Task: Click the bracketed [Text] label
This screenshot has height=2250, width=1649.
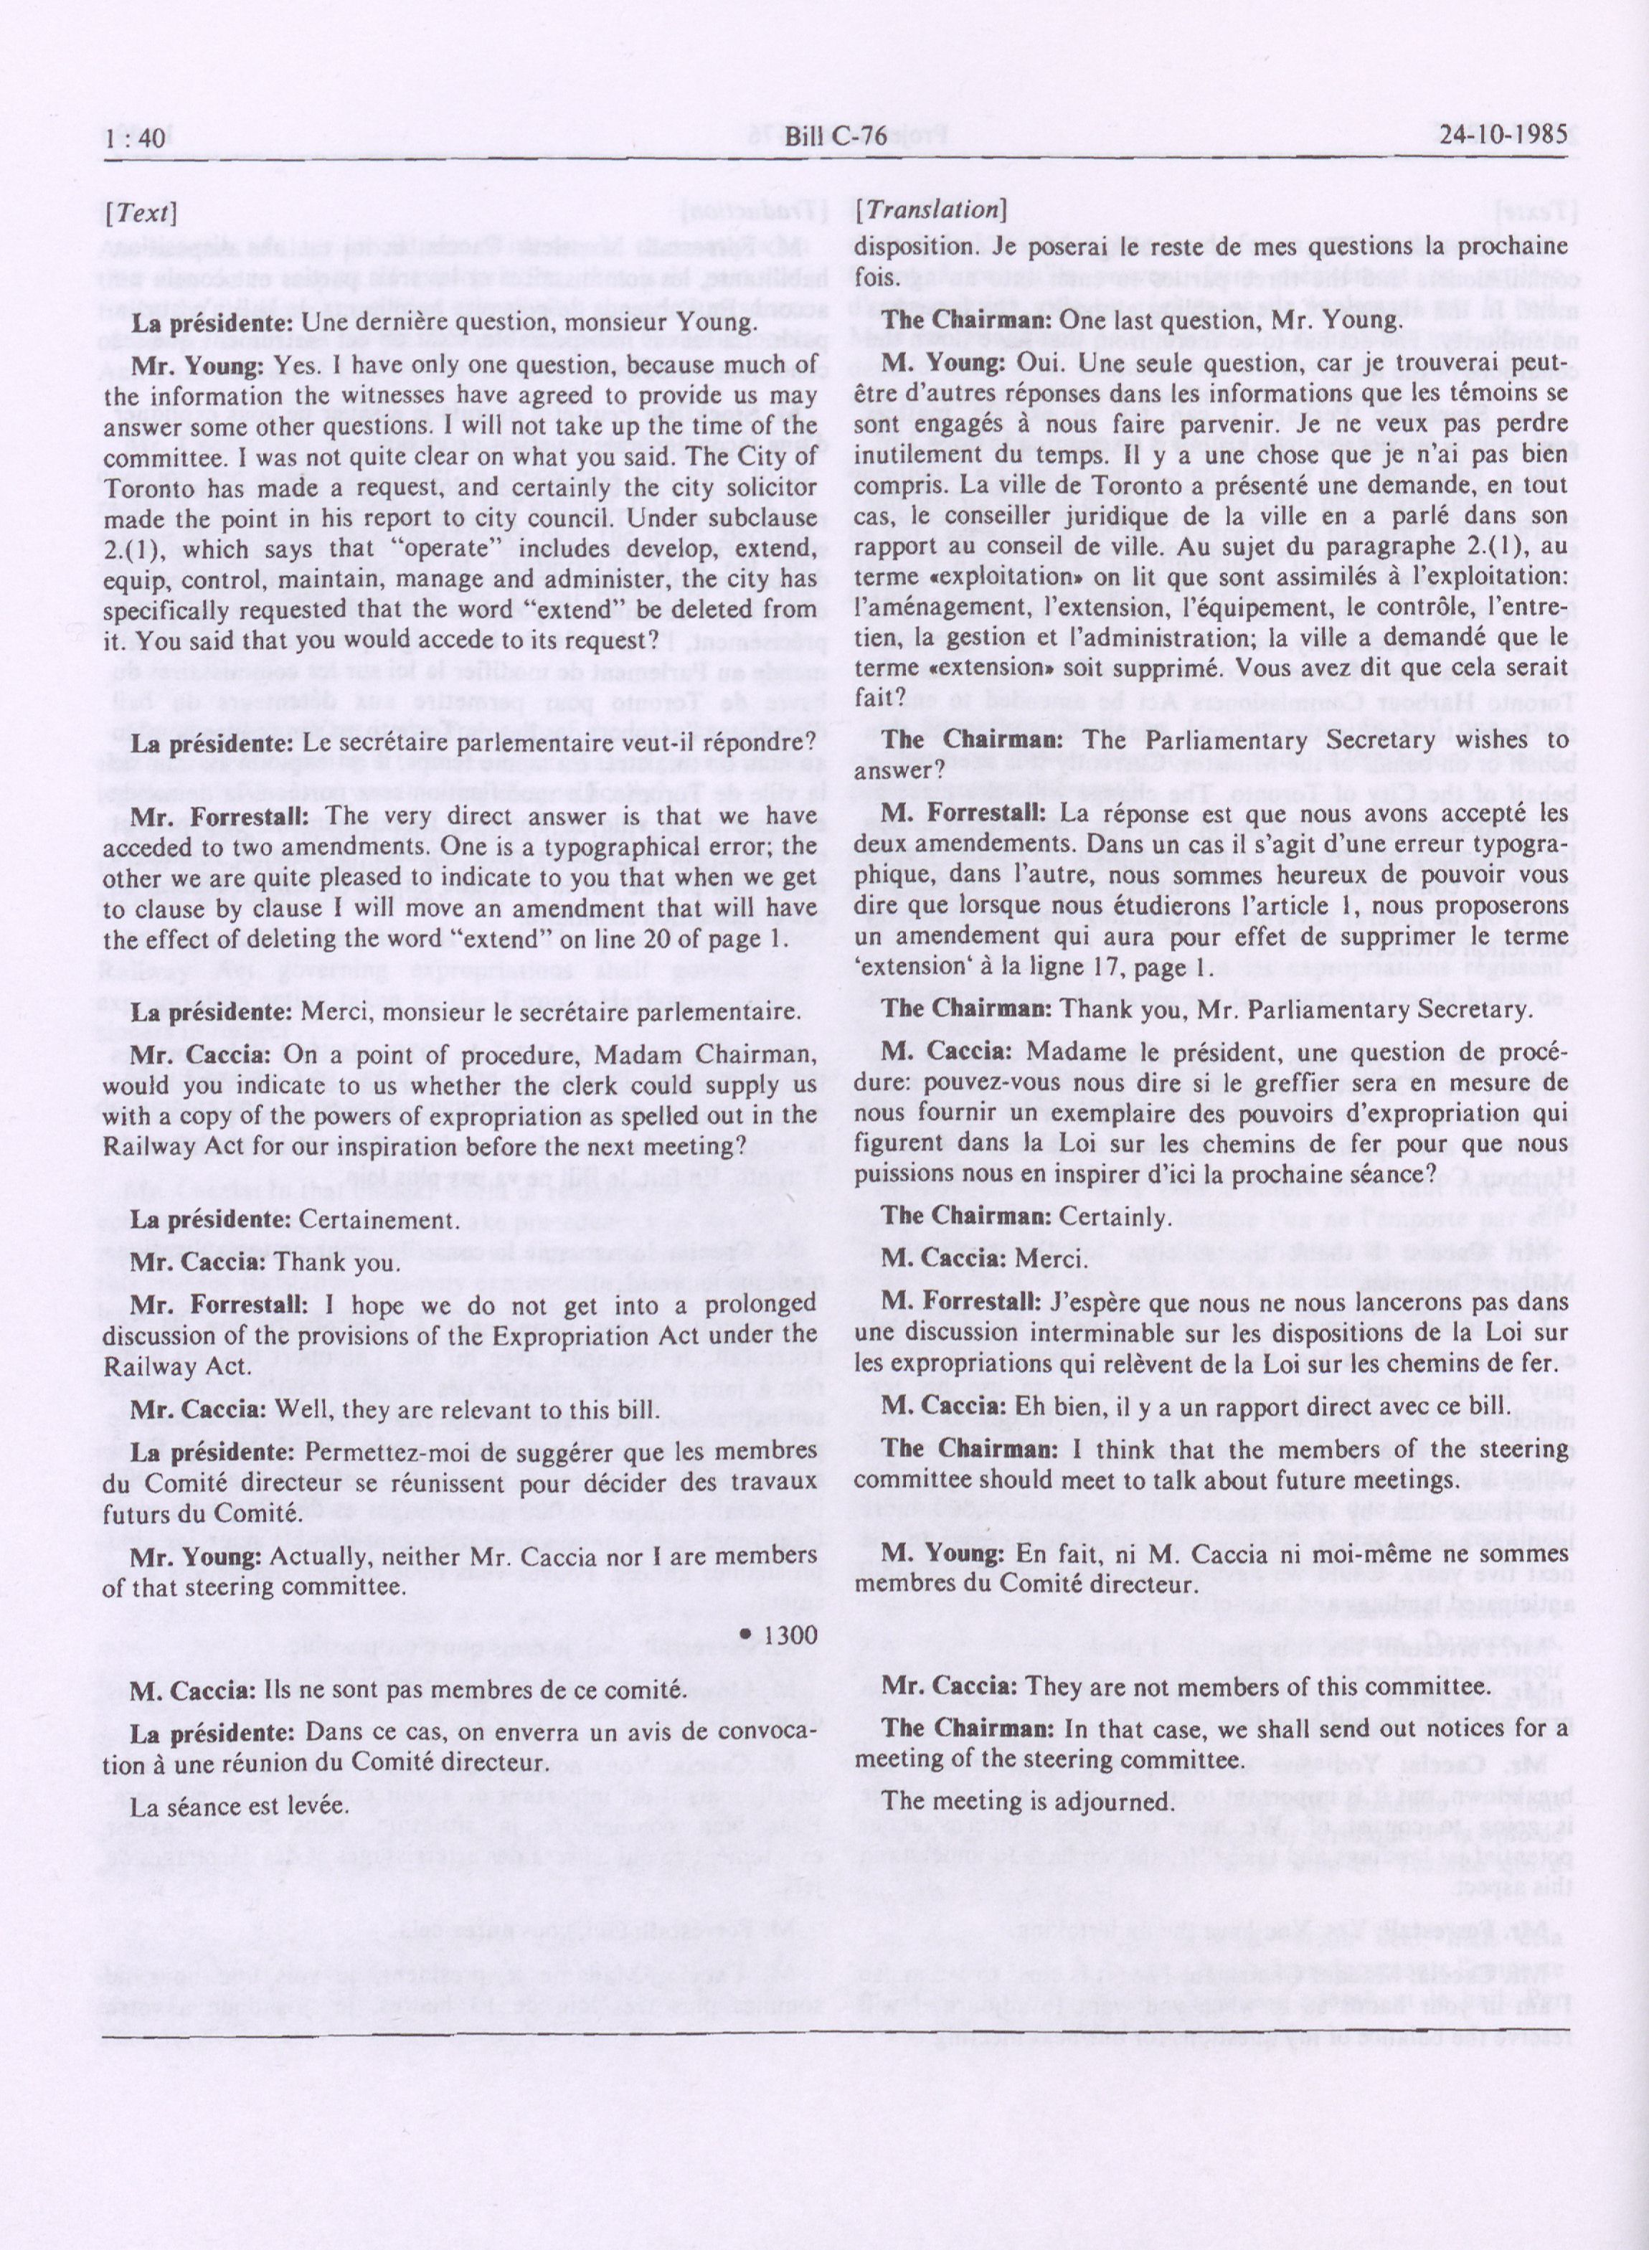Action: (140, 212)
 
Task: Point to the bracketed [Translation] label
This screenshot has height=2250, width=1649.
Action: (931, 211)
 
